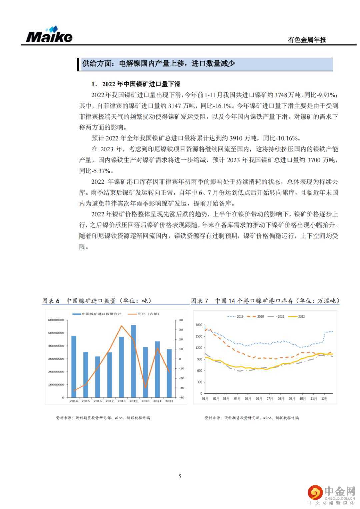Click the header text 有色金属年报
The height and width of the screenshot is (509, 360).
pos(307,40)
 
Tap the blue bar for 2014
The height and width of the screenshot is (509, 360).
pos(74,366)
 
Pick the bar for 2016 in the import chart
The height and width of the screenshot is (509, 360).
pos(97,377)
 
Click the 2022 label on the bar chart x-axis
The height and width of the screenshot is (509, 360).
pos(169,401)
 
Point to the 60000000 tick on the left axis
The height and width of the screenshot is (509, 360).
pos(56,320)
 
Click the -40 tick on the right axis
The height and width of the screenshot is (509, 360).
pos(181,398)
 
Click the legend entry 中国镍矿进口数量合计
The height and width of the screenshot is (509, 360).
pos(98,314)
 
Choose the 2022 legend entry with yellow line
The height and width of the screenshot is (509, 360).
pos(297,316)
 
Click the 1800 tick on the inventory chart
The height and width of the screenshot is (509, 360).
pos(199,325)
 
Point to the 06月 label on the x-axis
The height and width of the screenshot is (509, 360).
pos(259,399)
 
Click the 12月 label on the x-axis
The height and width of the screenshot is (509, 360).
pos(324,399)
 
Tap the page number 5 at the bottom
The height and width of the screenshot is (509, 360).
pos(180,476)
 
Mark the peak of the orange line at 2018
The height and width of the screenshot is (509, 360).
pos(121,326)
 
